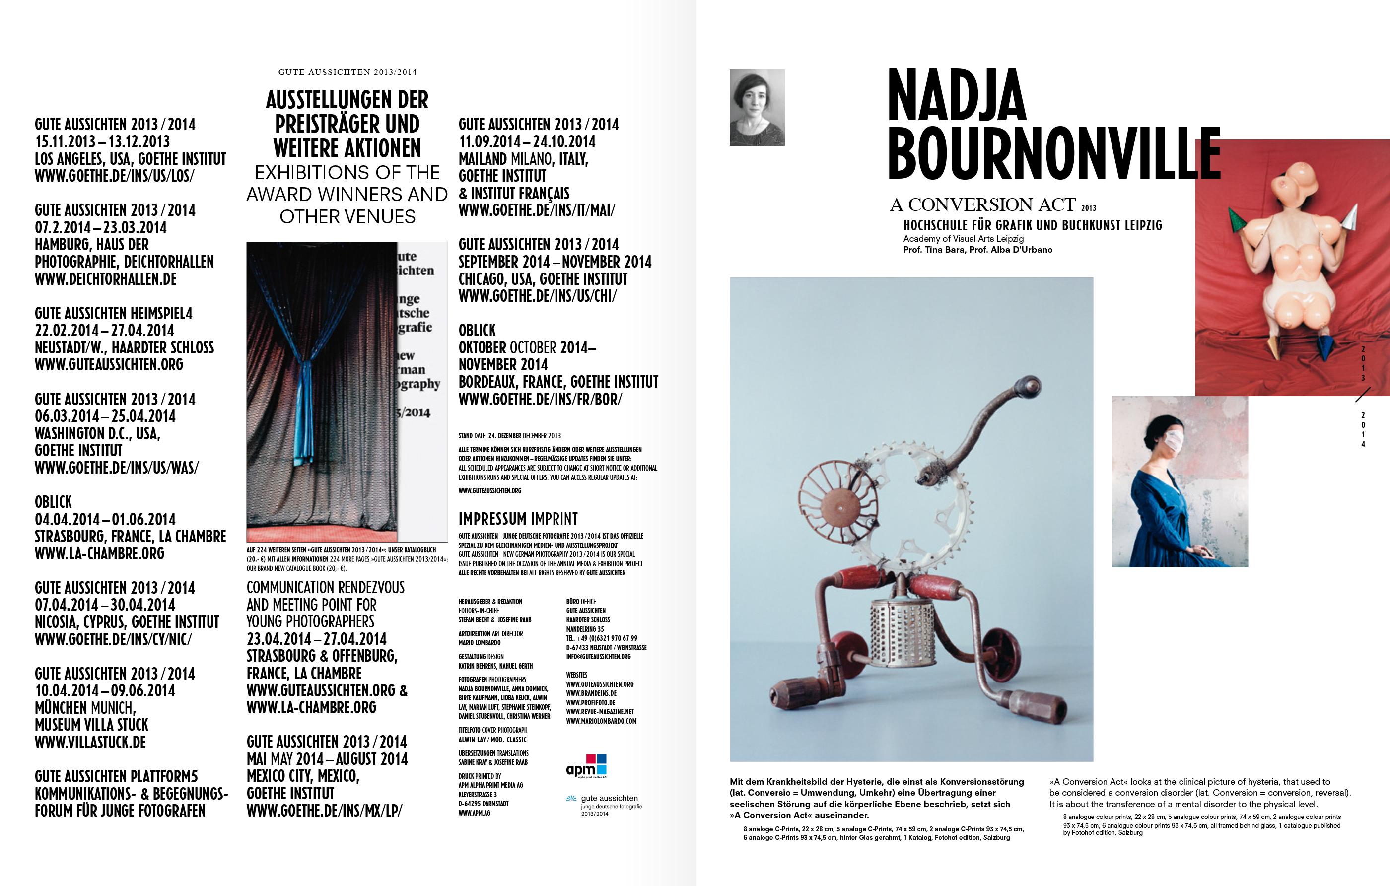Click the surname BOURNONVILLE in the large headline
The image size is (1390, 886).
point(1053,153)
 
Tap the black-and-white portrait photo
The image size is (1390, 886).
point(757,107)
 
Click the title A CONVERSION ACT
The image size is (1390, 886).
point(982,205)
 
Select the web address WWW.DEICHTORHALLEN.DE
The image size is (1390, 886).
point(106,279)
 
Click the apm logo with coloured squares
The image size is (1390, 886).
point(586,766)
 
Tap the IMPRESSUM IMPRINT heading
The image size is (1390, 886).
point(518,518)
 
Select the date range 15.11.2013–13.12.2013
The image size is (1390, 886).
point(102,142)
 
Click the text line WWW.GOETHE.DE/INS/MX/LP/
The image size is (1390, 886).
point(324,811)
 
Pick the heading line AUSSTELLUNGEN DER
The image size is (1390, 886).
point(347,100)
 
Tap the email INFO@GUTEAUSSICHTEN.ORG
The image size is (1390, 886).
point(598,657)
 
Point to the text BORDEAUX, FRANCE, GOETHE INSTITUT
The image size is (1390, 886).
point(558,382)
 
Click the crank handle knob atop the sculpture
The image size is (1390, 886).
point(1029,385)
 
